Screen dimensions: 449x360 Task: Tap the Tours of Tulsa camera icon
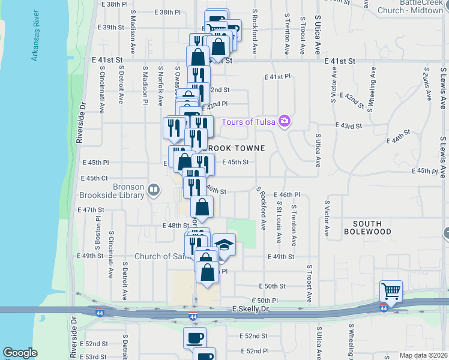coord(285,122)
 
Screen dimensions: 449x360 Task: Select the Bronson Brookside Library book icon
coord(154,191)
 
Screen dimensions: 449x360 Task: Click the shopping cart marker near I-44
coord(391,292)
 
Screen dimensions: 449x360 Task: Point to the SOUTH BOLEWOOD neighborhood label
coord(368,227)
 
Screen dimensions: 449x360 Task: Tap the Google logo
coord(20,353)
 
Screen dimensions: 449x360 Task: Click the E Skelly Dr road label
coord(250,308)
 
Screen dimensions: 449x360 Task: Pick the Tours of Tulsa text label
coord(248,122)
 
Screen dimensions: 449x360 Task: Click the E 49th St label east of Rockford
coord(281,257)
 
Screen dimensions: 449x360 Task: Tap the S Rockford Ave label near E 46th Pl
coord(262,208)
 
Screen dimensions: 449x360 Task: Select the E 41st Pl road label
coord(277,77)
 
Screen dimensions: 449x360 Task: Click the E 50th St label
coord(271,287)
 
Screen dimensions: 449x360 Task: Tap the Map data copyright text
coord(424,355)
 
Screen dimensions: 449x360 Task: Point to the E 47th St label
coord(91,210)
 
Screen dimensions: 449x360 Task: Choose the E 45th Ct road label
coord(94,178)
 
